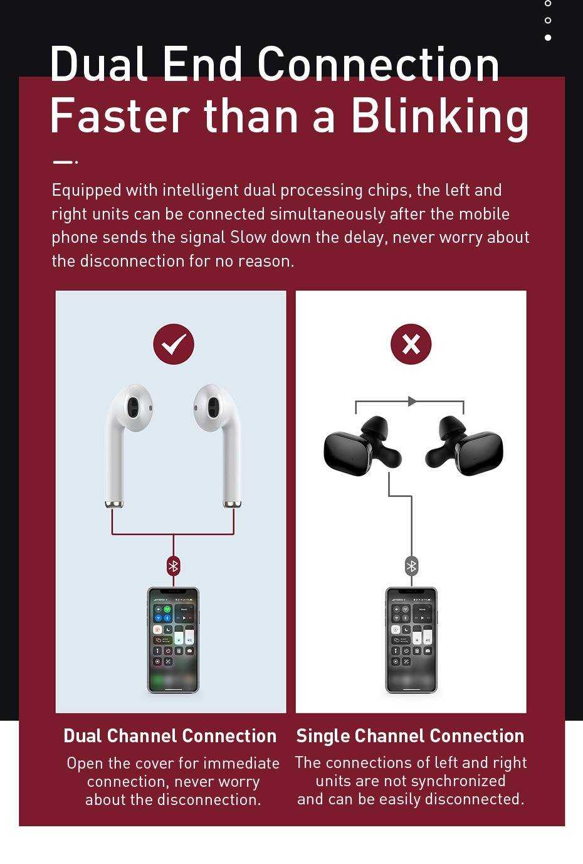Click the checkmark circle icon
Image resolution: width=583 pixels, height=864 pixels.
coord(174,344)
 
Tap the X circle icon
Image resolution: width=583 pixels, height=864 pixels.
coord(411,344)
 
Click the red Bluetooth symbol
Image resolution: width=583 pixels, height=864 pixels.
coord(174,566)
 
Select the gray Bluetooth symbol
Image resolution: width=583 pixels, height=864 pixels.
coord(411,566)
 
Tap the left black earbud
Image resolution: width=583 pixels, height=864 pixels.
coord(362,446)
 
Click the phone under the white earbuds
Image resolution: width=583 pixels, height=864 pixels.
coord(173,640)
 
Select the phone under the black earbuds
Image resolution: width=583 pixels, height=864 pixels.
coord(411,640)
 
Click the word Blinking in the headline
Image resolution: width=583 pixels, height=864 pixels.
coord(439,117)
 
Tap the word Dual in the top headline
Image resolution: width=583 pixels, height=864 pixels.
coord(98,63)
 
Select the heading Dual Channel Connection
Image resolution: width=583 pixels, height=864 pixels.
coord(170,735)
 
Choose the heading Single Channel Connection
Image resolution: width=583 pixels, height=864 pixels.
coord(410,735)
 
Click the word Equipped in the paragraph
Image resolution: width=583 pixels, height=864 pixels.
coord(87,191)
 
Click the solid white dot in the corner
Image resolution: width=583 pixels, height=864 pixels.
coord(548,38)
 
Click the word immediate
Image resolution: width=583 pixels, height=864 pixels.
coord(241,764)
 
